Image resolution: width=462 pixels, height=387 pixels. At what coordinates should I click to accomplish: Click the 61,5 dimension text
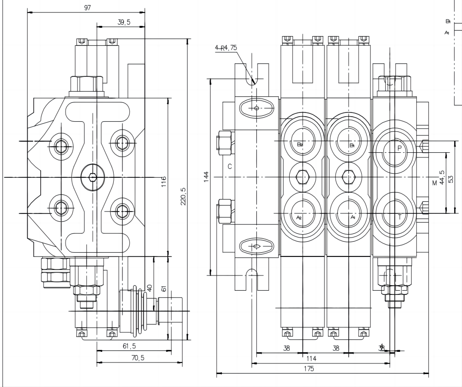point(130,346)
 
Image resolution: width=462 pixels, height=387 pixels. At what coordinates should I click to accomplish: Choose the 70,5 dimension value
point(136,357)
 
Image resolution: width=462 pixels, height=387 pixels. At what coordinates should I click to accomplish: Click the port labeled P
point(399,148)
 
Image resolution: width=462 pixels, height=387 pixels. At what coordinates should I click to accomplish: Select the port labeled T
point(399,217)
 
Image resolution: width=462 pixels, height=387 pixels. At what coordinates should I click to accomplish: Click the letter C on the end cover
point(230,166)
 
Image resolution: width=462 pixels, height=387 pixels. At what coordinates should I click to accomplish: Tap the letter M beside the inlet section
point(434,183)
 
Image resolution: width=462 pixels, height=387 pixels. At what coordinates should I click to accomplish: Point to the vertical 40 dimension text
point(149,287)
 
